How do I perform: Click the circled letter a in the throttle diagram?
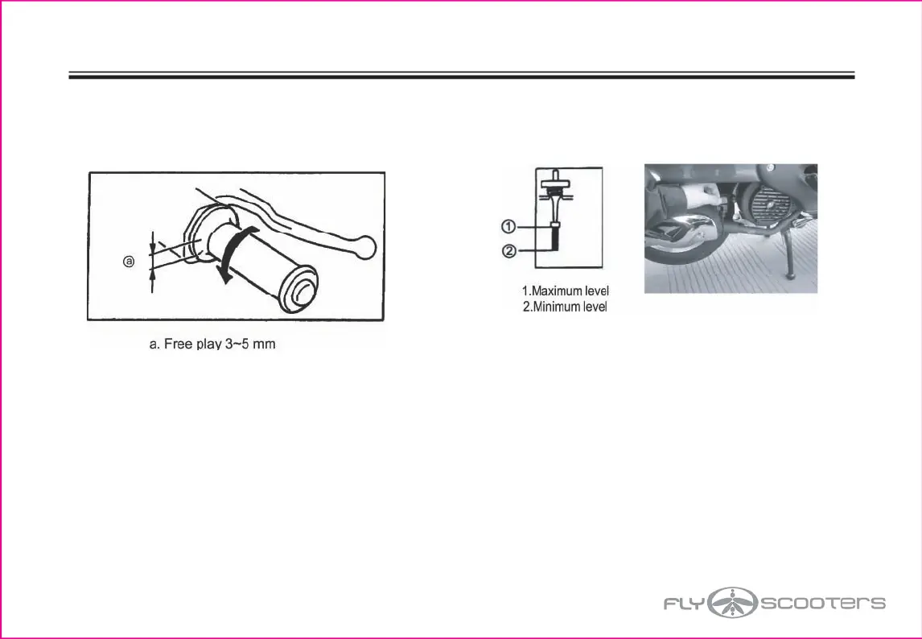click(128, 262)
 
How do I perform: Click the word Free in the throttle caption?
click(179, 344)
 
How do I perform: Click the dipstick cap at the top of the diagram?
click(554, 184)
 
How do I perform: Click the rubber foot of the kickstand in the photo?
click(791, 277)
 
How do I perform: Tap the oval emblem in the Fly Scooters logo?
click(733, 602)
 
